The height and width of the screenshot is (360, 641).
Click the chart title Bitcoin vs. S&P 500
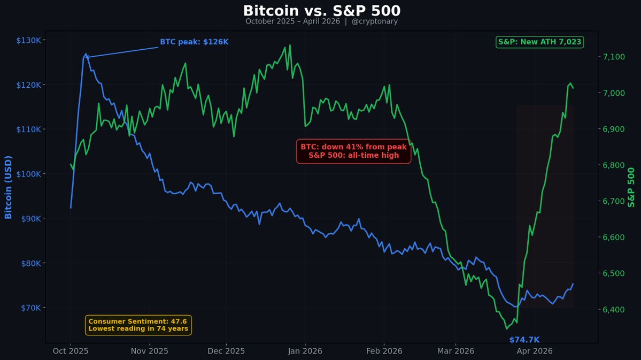coord(321,11)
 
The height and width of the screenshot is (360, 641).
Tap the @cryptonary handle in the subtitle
coord(374,21)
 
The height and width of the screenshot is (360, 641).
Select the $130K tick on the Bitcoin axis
coord(31,40)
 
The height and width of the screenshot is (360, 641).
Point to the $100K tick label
coord(31,174)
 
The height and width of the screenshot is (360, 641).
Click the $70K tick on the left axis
coord(33,308)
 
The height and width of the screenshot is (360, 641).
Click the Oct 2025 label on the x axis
coord(71,351)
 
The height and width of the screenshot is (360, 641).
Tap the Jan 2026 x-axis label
coord(305,351)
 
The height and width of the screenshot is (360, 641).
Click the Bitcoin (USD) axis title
coord(8,187)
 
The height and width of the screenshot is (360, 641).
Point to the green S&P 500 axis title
coord(632,187)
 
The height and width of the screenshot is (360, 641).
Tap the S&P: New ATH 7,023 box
coord(539,42)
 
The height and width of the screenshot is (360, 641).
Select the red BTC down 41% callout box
coord(353,151)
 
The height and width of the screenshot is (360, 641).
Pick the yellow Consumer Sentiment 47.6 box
coord(138,325)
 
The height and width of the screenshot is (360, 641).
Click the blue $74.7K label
coord(524,340)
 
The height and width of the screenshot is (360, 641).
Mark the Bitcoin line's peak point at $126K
coord(86,54)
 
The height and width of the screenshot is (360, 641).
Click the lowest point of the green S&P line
coord(506,329)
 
